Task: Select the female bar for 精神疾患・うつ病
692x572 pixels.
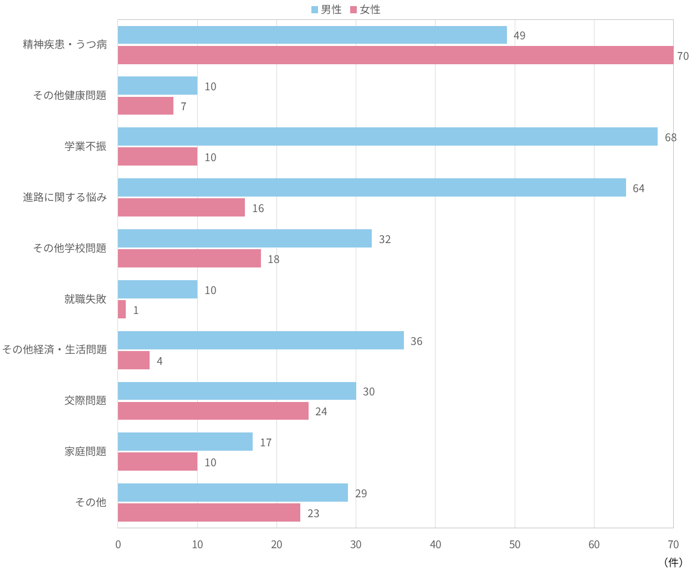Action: (x=396, y=55)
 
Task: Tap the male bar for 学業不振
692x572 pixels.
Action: (x=388, y=137)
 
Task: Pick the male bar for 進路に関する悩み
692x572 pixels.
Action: (x=372, y=188)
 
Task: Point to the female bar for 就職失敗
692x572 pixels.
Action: (x=122, y=310)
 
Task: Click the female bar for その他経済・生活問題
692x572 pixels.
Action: (x=134, y=360)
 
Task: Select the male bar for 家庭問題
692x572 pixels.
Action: (x=185, y=442)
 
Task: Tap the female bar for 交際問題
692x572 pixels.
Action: (x=213, y=411)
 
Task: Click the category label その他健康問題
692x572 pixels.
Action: (x=70, y=95)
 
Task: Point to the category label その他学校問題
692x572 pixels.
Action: (x=70, y=248)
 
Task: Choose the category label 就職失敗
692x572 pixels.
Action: (x=85, y=299)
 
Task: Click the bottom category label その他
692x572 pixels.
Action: (x=91, y=502)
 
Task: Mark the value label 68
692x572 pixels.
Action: (x=670, y=137)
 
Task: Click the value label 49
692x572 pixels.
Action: (x=519, y=35)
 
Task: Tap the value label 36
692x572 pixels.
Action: (x=416, y=341)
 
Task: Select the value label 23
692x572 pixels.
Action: (x=313, y=513)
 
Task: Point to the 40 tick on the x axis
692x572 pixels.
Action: (x=435, y=544)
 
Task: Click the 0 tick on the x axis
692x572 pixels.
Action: (x=118, y=544)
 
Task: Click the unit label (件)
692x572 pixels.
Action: (x=673, y=562)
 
